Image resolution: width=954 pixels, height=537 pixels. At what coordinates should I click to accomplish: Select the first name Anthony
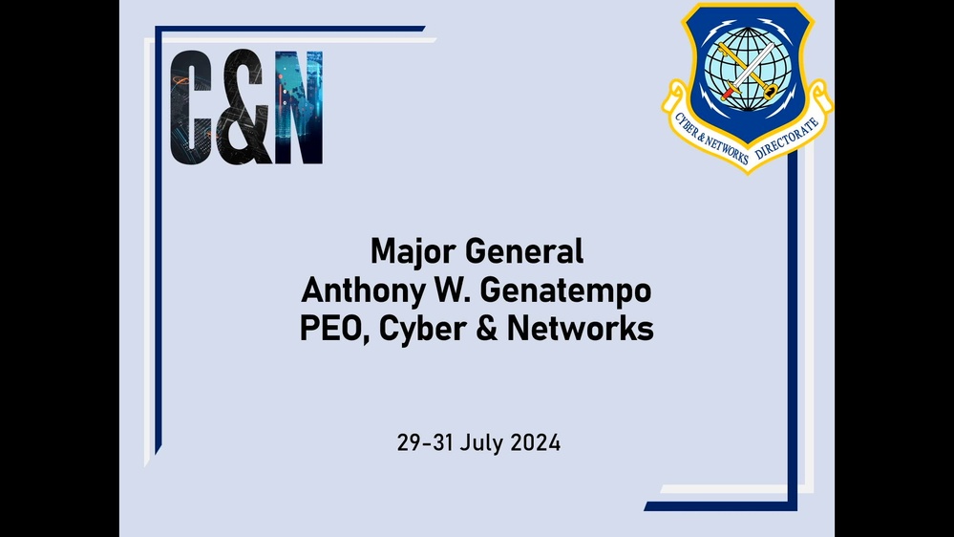[x=358, y=290]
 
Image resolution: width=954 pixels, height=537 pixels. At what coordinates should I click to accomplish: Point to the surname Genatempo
[x=563, y=291]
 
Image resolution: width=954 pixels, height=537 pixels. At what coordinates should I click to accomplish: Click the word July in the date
[x=481, y=444]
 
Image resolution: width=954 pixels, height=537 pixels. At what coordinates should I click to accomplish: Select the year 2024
[x=535, y=443]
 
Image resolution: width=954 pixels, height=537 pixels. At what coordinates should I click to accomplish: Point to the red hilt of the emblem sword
[x=731, y=93]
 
